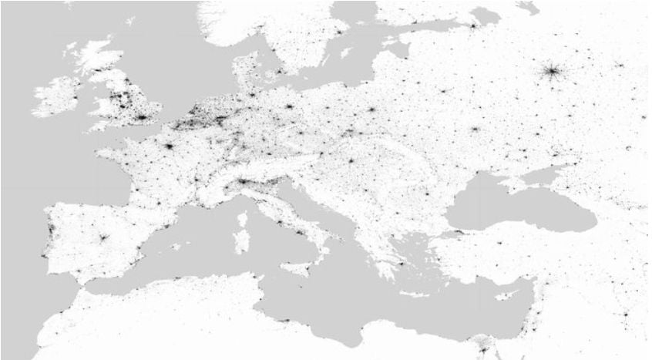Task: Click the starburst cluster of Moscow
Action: click(x=552, y=72)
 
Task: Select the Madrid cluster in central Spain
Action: click(x=101, y=237)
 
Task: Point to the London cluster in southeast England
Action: click(x=142, y=118)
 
